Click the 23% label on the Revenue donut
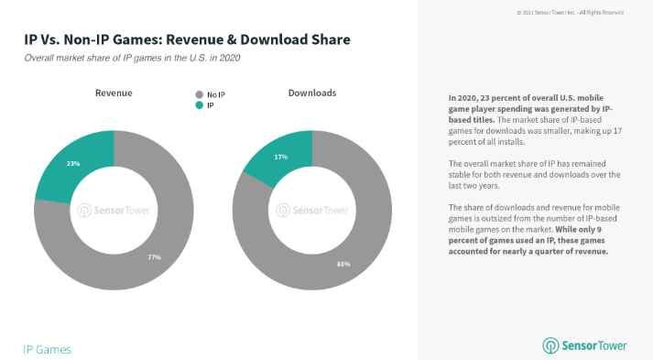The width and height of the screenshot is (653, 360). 73,164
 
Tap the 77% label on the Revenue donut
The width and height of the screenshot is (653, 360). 155,257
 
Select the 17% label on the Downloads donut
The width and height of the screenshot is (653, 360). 280,157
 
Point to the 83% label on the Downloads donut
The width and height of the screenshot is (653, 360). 343,264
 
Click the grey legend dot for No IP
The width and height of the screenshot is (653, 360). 200,94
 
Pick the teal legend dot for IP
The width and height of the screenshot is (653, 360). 200,105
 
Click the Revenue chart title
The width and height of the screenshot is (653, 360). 114,93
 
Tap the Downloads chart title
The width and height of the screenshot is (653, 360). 312,93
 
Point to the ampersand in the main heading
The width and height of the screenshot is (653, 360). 232,39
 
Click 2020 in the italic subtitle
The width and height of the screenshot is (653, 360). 230,58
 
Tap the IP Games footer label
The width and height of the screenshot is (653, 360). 47,349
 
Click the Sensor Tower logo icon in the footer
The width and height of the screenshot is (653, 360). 550,346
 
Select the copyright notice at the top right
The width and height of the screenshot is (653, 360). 571,13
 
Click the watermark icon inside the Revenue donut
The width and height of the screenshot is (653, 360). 84,211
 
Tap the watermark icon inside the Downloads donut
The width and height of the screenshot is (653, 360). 283,211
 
